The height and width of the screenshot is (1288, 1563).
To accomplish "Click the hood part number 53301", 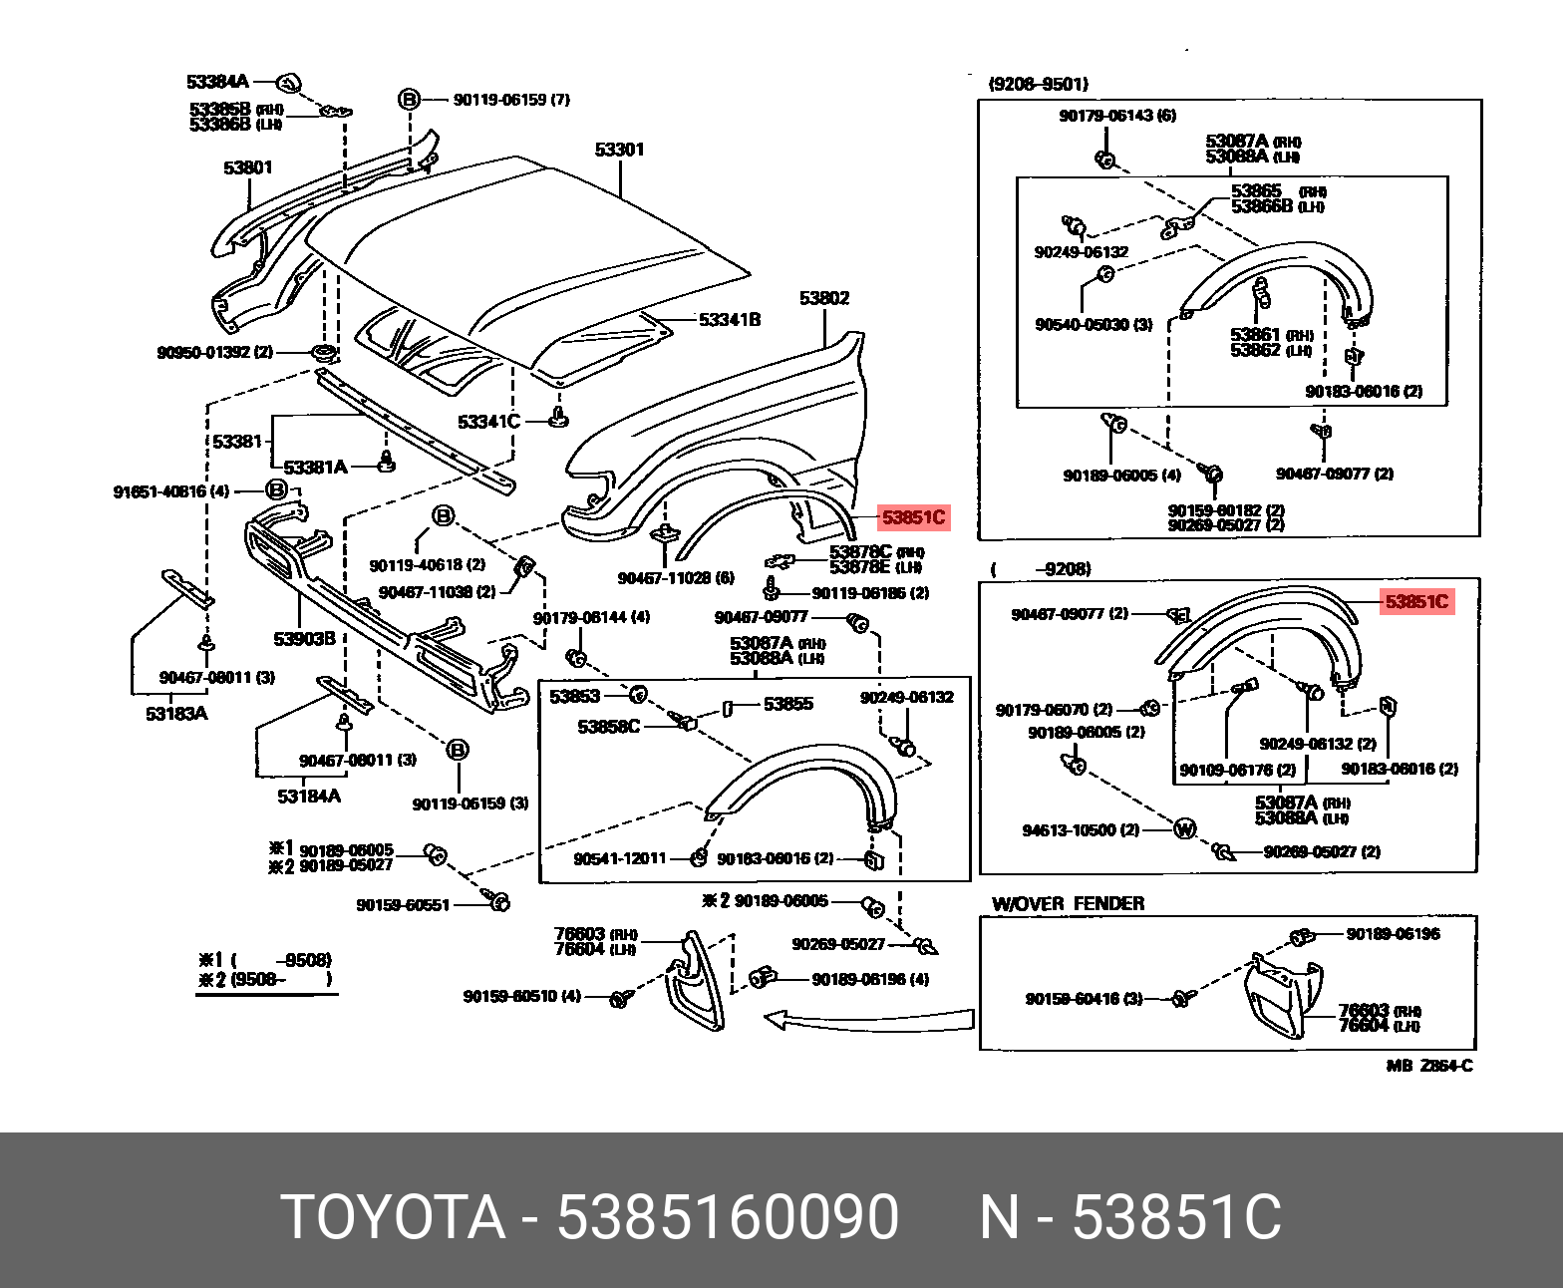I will tap(619, 150).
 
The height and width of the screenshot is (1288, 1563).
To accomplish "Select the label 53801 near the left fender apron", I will tap(247, 167).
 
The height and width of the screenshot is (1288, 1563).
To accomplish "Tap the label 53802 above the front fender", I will tap(823, 298).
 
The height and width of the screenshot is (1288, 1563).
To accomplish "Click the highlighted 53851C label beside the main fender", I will tap(912, 518).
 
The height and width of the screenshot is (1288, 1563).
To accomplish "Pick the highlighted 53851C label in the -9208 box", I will tap(1415, 602).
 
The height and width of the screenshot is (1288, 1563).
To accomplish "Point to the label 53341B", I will tap(729, 320).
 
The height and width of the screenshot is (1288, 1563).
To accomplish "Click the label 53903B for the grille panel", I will tap(305, 638).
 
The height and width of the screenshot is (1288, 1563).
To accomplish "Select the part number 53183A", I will tap(175, 714).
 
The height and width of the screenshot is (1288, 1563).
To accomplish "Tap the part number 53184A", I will tap(308, 796).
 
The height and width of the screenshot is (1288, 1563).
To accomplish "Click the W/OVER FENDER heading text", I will tap(1068, 903).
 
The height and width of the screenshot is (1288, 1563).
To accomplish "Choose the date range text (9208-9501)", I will tap(1038, 85).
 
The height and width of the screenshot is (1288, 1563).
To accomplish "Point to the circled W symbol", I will tap(1184, 828).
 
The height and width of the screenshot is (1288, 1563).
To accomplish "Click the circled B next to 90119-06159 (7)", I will tap(409, 99).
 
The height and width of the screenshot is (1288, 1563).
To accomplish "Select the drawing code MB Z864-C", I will tap(1428, 1066).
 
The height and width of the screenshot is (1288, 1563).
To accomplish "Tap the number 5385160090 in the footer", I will tap(728, 1217).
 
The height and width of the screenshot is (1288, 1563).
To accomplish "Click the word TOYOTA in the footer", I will tap(395, 1217).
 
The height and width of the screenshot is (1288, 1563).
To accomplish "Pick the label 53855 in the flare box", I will tap(787, 704).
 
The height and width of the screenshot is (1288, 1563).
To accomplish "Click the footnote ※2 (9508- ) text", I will tap(265, 980).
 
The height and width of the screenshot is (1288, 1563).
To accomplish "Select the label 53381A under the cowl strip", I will tap(315, 467).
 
